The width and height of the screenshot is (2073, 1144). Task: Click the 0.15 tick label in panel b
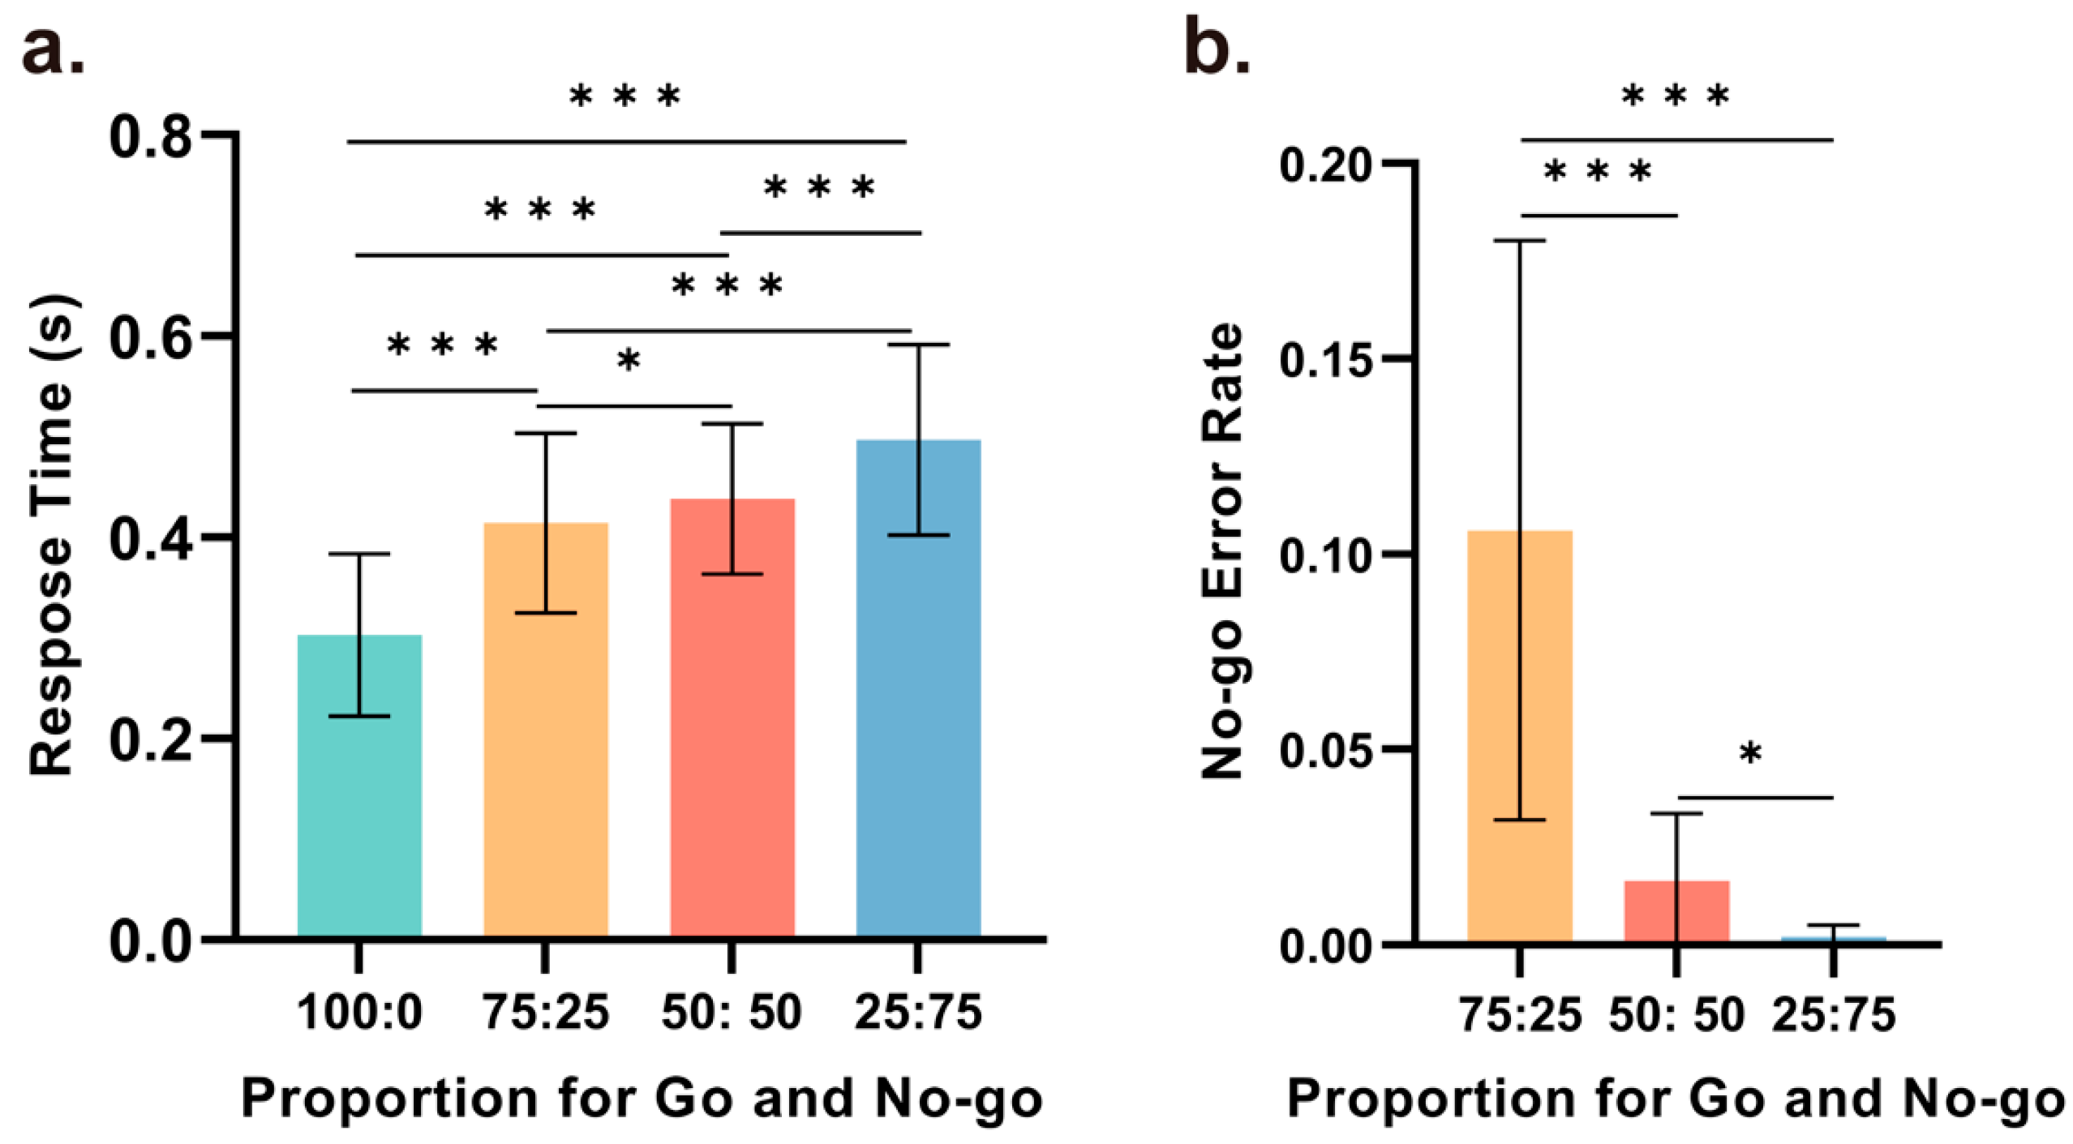[1324, 359]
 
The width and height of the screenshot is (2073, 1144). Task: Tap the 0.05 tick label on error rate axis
[1324, 751]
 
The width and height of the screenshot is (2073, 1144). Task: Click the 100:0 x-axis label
[359, 1013]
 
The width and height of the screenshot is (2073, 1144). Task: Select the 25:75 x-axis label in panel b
[1833, 1015]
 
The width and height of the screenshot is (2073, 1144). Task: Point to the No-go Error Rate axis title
[1221, 551]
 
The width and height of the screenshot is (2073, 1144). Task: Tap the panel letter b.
[1216, 47]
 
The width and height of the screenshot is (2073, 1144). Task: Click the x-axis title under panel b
[1676, 1100]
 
